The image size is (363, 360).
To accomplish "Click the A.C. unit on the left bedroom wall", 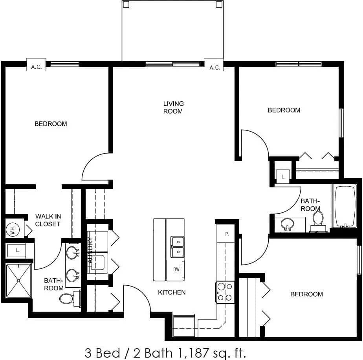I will [x=37, y=67].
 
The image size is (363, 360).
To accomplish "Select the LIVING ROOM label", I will [x=173, y=107].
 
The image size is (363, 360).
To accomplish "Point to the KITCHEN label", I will [x=172, y=292].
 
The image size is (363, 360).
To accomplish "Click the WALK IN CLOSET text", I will [x=48, y=220].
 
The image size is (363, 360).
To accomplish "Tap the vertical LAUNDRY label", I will [x=90, y=252].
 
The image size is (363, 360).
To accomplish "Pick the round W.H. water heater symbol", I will [x=12, y=230].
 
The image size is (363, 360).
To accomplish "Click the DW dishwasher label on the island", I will [x=176, y=270].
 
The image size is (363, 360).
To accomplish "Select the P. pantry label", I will [x=227, y=234].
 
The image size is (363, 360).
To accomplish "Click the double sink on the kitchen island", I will [x=178, y=246].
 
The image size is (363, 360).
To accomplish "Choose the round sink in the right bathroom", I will [x=288, y=223].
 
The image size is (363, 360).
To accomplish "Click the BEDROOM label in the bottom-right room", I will [x=306, y=294].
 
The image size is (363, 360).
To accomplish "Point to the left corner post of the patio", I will [x=126, y=4].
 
